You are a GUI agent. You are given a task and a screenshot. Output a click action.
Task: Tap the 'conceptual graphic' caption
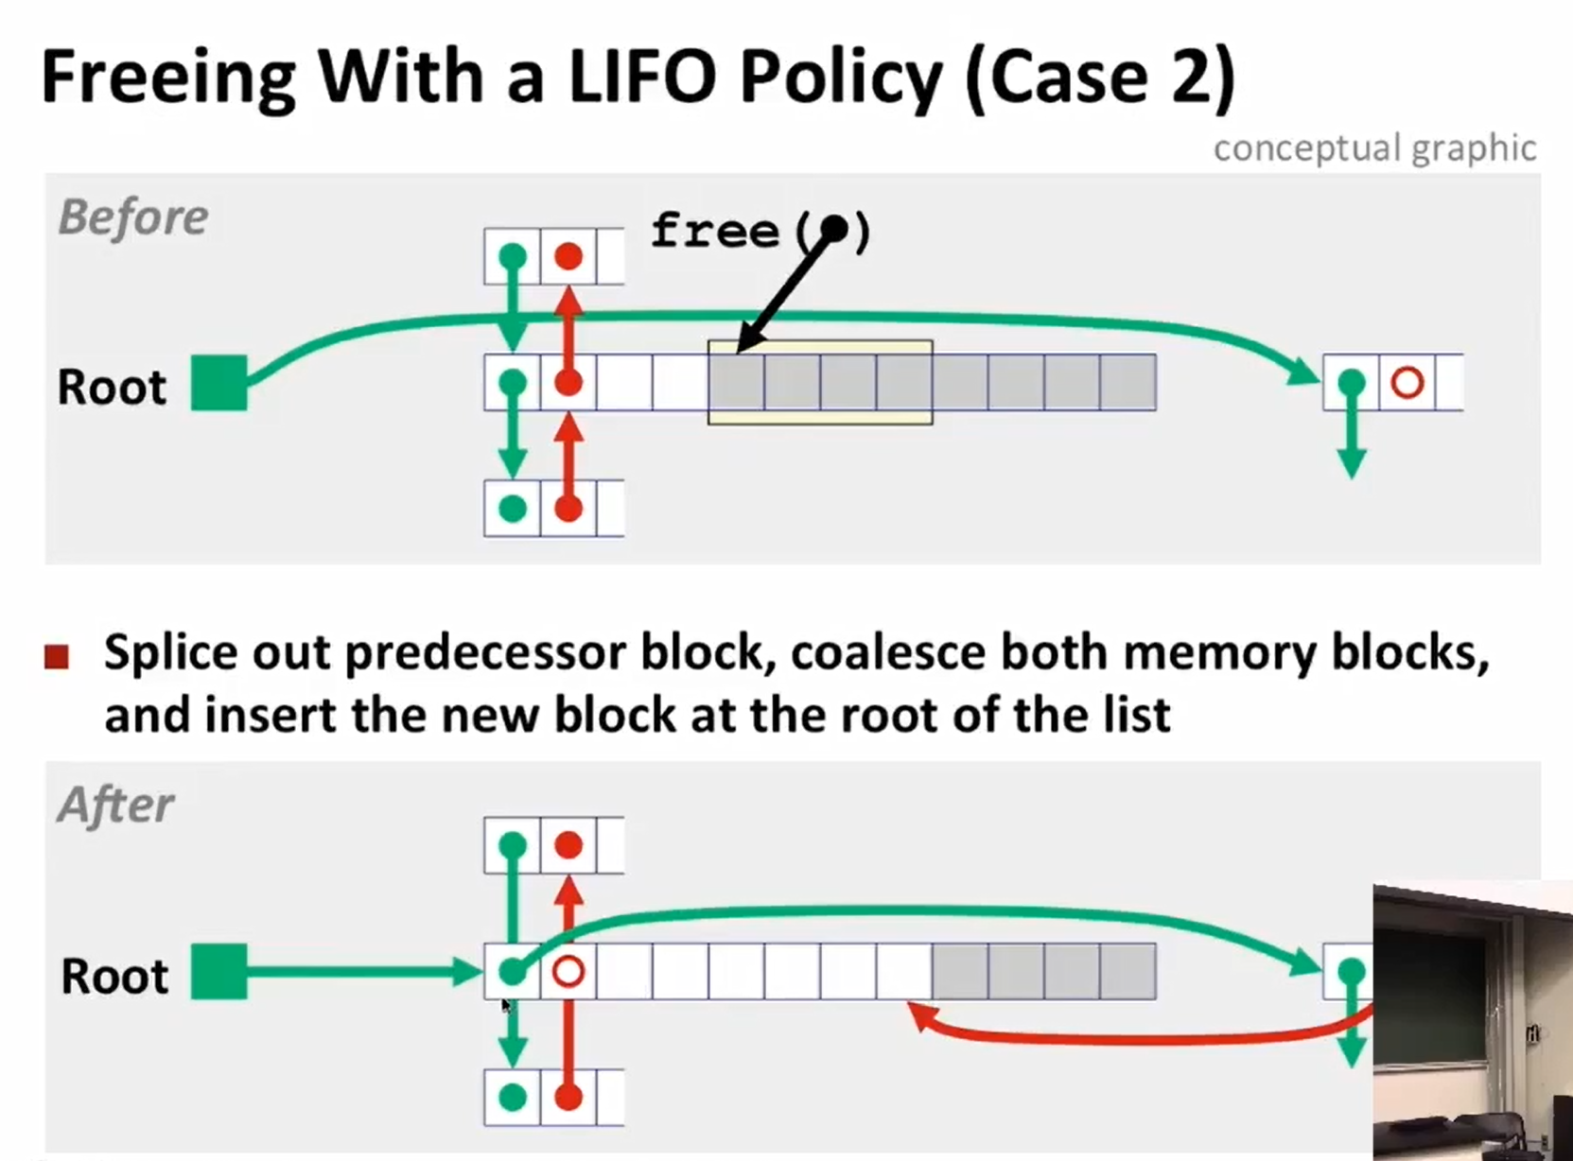coord(1375,149)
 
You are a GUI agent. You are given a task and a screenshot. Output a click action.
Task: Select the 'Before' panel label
coord(133,217)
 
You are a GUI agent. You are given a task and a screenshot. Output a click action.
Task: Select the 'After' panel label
coord(115,806)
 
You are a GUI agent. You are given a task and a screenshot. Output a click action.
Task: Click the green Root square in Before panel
coord(219,383)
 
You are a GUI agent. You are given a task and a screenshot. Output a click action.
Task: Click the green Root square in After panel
coord(219,972)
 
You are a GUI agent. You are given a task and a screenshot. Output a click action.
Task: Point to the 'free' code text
coord(715,231)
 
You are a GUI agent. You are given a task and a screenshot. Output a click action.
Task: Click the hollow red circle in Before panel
coord(1407,383)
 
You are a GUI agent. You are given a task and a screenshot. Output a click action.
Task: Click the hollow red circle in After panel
coord(568,972)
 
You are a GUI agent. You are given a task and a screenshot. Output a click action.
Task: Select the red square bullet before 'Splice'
coord(57,656)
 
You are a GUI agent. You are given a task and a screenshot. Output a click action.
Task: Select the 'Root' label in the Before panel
coord(112,387)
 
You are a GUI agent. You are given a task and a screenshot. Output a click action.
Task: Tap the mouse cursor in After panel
coord(506,1006)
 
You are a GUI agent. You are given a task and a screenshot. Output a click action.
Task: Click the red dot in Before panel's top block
coord(568,256)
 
